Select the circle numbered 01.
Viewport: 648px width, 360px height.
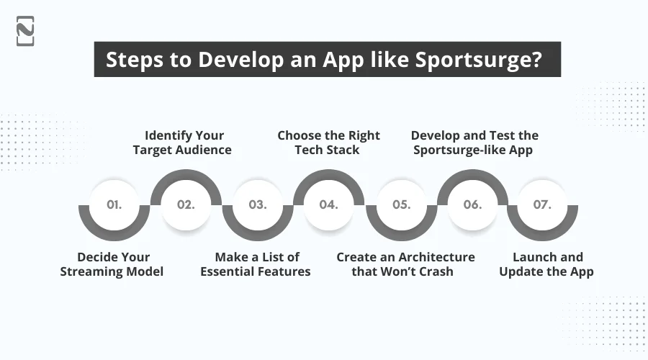(x=114, y=204)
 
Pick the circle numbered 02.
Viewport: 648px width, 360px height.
(x=186, y=204)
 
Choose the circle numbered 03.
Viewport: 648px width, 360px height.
(x=257, y=204)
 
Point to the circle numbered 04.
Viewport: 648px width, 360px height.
(x=329, y=204)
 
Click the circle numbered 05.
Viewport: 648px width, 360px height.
(x=401, y=204)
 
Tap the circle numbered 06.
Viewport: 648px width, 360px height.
(x=472, y=204)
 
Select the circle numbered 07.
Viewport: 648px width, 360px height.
(x=543, y=204)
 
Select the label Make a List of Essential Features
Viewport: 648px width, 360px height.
(x=256, y=264)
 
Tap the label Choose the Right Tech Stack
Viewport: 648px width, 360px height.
(x=329, y=143)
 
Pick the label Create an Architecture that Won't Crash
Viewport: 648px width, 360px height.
(x=405, y=264)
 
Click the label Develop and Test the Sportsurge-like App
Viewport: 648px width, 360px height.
(x=474, y=143)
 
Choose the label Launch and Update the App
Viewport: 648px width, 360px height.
(x=546, y=264)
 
